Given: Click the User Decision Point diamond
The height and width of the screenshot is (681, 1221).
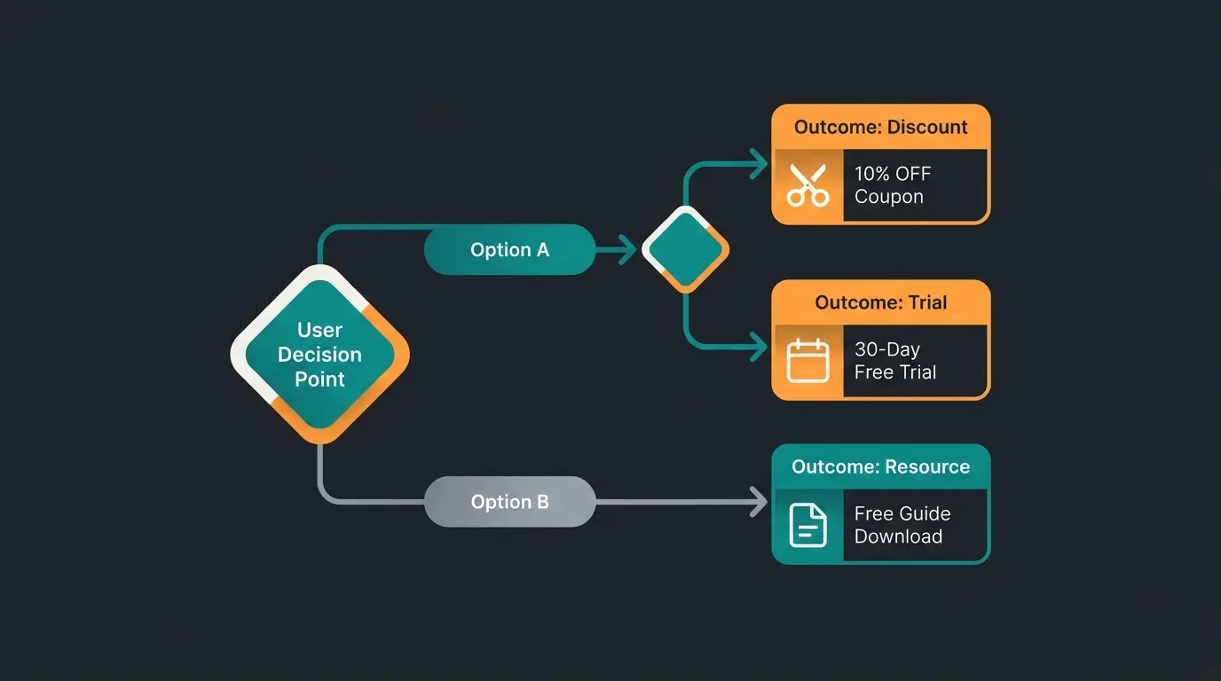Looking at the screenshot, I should coord(319,354).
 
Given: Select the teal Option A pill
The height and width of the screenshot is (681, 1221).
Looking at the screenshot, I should coord(509,250).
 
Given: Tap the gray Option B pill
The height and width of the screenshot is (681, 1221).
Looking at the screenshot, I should coord(509,502).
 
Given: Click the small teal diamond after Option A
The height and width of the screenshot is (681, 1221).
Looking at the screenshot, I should coord(685,249).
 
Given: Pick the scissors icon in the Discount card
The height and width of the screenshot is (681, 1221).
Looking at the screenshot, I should coord(807,185).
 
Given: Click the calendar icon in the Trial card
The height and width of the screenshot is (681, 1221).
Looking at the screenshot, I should coord(807,361).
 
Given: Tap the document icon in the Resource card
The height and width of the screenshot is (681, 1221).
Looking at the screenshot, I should coord(807,525).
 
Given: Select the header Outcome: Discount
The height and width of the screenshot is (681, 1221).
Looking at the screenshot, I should coord(880,127).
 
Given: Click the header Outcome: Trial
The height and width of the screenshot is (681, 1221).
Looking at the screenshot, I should coord(880,302).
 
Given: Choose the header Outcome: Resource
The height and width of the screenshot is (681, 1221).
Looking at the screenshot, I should coord(880,466).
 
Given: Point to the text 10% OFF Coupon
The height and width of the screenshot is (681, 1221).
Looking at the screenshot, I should coord(892,185).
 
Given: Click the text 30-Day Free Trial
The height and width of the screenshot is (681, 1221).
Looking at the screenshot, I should coord(894,361).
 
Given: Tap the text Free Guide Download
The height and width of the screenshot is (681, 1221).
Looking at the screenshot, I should coord(902,525).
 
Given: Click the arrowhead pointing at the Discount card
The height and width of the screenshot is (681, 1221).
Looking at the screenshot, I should coord(759,163).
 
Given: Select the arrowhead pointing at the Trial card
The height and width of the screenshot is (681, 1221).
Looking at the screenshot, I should coord(759,347).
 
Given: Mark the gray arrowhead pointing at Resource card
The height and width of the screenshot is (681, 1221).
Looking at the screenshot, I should coord(759,502).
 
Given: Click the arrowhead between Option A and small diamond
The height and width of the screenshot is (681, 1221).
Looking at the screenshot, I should coord(628,250).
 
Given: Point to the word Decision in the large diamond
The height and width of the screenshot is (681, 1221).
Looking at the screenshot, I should coord(319,355).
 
